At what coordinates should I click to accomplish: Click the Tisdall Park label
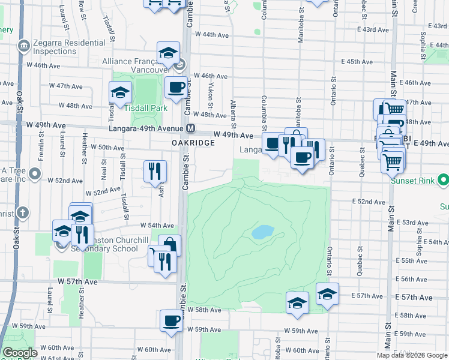[x=146, y=108]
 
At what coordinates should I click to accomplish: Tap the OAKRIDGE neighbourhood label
[x=193, y=143]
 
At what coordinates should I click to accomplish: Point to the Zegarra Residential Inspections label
[x=59, y=47]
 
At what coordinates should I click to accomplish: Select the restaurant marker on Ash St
[x=155, y=171]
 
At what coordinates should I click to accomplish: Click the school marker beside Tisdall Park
[x=121, y=92]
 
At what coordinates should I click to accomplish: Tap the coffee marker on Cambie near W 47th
[x=176, y=87]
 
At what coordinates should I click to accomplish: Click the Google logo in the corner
[x=20, y=353]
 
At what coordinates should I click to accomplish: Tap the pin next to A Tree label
[x=35, y=175]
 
